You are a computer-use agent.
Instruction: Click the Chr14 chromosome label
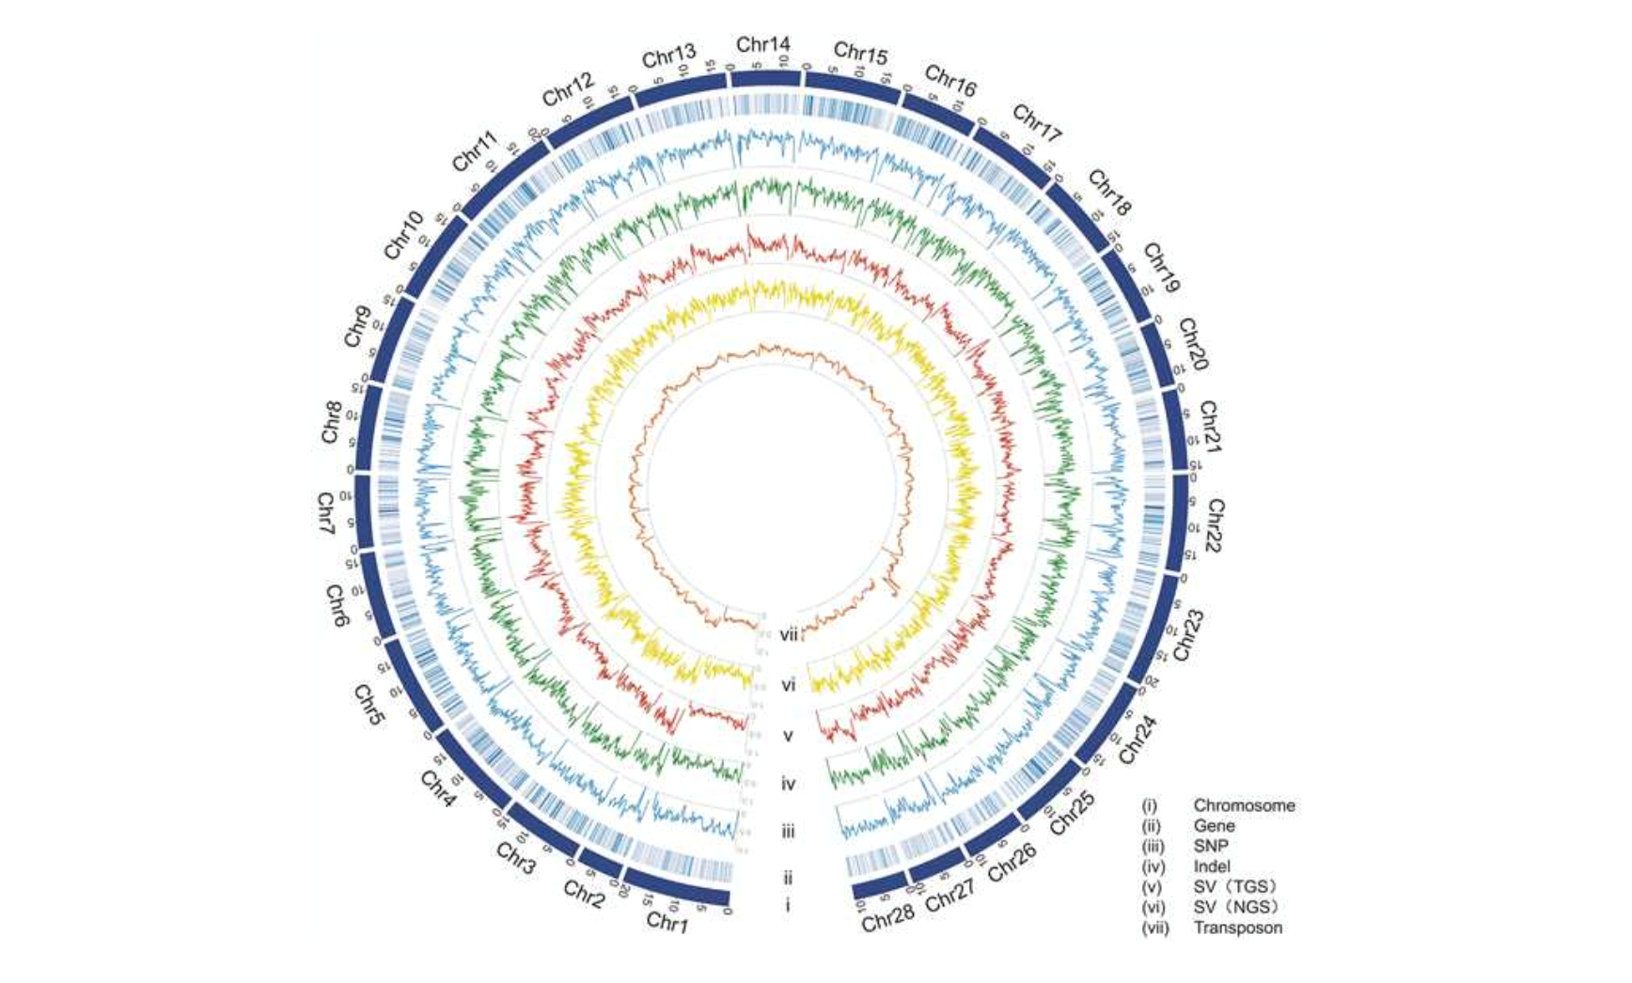pyautogui.click(x=762, y=44)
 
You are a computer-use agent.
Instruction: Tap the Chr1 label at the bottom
pyautogui.click(x=667, y=923)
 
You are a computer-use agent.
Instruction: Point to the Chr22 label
pyautogui.click(x=1215, y=525)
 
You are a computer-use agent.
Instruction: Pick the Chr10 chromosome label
pyautogui.click(x=403, y=235)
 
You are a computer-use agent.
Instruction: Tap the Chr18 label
pyautogui.click(x=1109, y=193)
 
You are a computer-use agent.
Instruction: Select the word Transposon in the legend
pyautogui.click(x=1237, y=928)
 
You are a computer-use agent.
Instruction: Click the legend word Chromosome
pyautogui.click(x=1244, y=805)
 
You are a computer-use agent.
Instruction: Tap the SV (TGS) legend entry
pyautogui.click(x=1235, y=887)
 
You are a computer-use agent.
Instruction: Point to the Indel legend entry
pyautogui.click(x=1212, y=866)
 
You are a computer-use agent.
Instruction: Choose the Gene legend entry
pyautogui.click(x=1214, y=826)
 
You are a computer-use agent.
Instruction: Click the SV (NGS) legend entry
pyautogui.click(x=1236, y=907)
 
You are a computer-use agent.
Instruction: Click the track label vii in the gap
pyautogui.click(x=788, y=635)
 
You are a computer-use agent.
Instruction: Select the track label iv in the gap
pyautogui.click(x=788, y=783)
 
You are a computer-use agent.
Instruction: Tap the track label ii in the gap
pyautogui.click(x=788, y=878)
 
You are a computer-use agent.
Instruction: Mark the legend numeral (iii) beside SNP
pyautogui.click(x=1153, y=846)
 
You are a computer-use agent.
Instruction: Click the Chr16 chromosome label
pyautogui.click(x=950, y=81)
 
